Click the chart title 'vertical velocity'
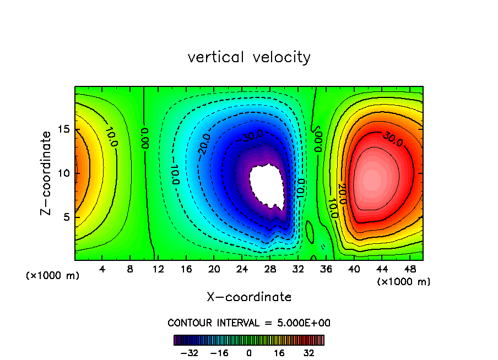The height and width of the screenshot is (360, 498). coord(249,57)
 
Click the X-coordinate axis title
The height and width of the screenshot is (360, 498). coord(249,297)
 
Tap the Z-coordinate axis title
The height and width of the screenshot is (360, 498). coord(48,173)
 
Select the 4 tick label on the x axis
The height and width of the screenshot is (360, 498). coord(102,269)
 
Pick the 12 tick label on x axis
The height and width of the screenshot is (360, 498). coord(158,269)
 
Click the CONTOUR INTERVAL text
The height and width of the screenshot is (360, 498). coord(249,323)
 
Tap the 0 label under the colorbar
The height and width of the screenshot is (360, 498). coord(249,353)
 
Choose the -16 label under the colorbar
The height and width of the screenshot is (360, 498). coord(219,353)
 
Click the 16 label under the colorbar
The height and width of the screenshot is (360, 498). coord(279,353)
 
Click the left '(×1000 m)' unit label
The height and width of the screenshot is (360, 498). coord(53,276)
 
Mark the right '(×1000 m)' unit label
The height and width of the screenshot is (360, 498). coord(404,282)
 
